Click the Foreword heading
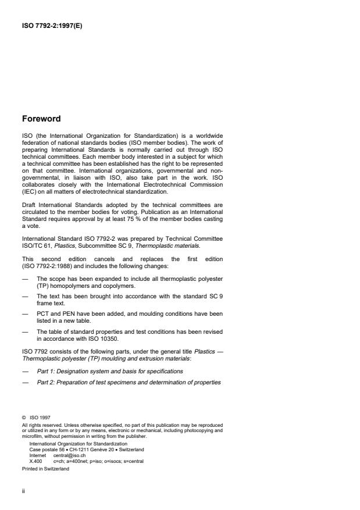[x=41, y=119]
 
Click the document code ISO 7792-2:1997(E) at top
[x=51, y=25]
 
